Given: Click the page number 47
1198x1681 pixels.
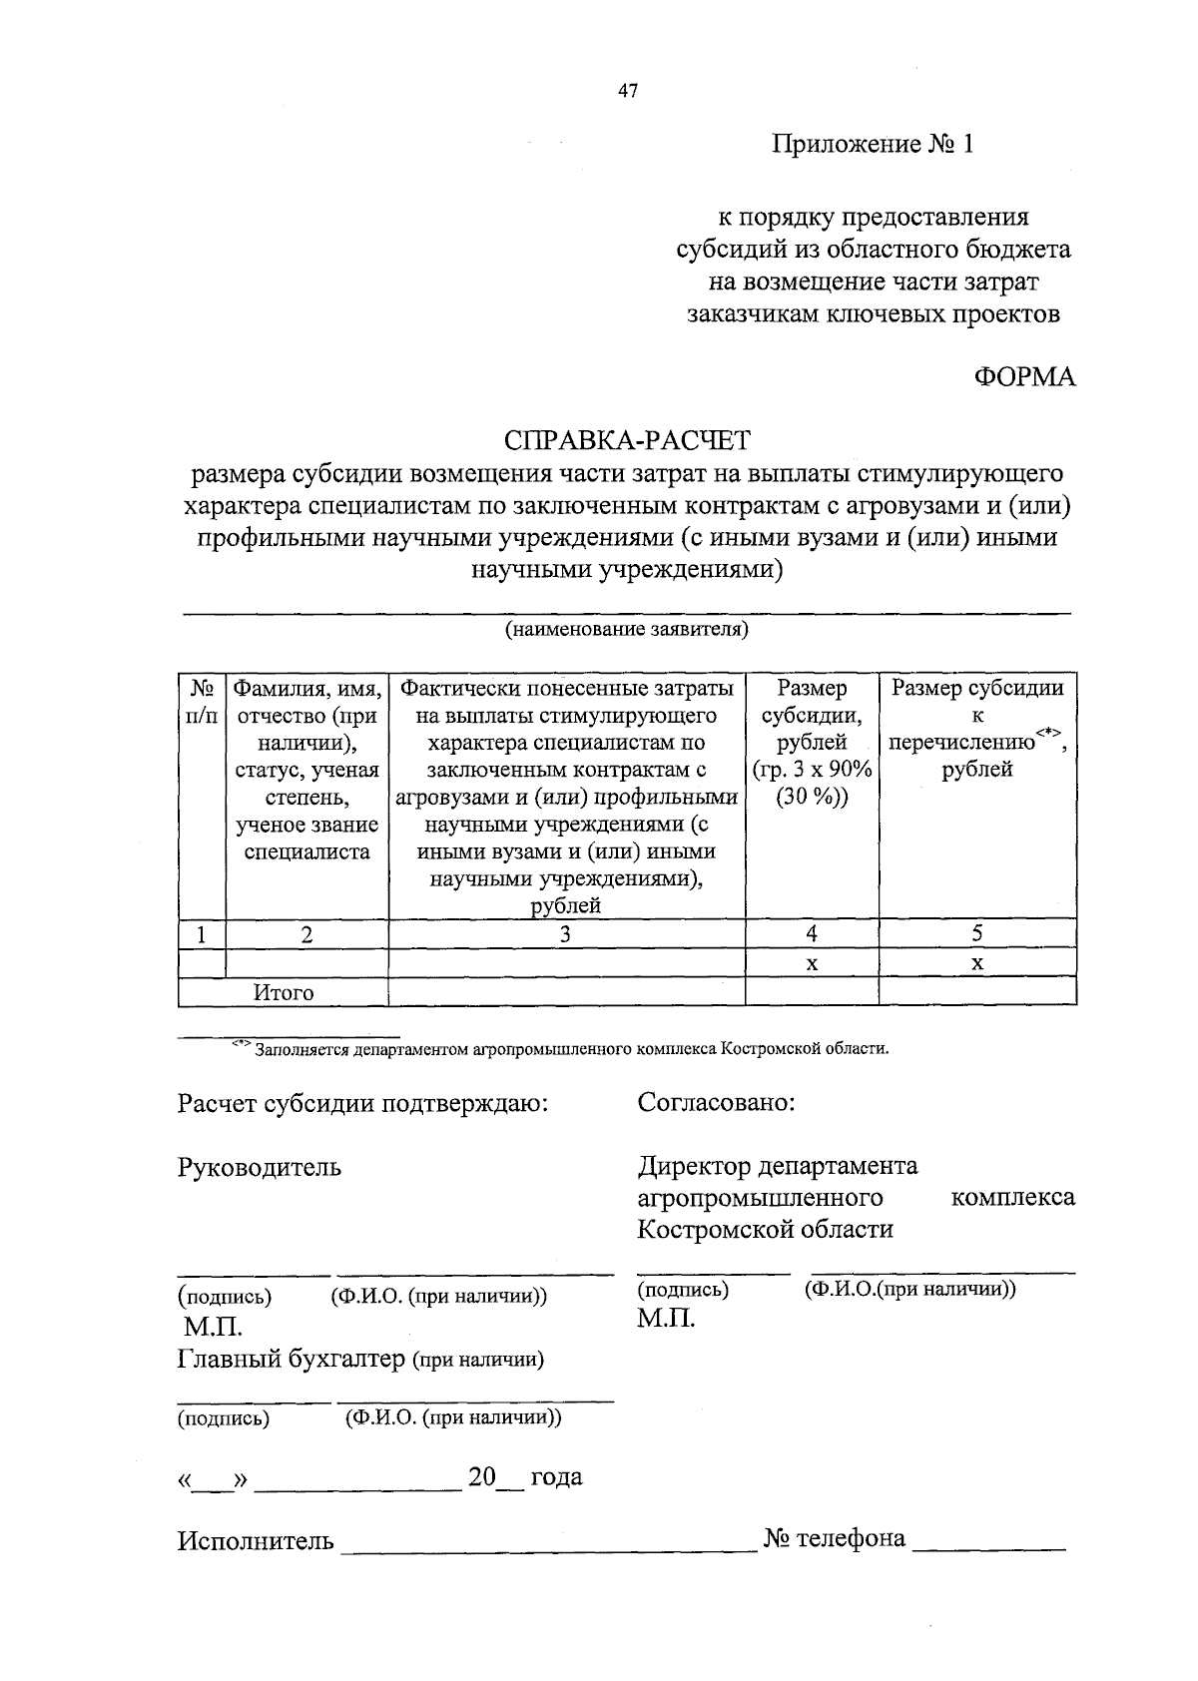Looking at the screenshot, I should pyautogui.click(x=627, y=92).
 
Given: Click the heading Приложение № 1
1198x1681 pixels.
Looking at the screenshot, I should pyautogui.click(x=872, y=145).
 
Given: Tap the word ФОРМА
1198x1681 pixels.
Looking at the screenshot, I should pyautogui.click(x=1024, y=377).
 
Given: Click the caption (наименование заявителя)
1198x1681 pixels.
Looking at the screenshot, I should pyautogui.click(x=626, y=630).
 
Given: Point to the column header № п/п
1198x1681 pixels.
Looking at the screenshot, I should pyautogui.click(x=202, y=702).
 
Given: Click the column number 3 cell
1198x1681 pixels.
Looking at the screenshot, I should pyautogui.click(x=566, y=934).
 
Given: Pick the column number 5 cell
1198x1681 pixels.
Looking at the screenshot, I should pyautogui.click(x=977, y=933).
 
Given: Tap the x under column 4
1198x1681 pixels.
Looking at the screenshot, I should pyautogui.click(x=812, y=963).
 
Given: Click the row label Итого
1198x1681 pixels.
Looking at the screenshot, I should pyautogui.click(x=284, y=992).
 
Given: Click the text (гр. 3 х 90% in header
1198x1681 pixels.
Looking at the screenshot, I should pyautogui.click(x=812, y=770).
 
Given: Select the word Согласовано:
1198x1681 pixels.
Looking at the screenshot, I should pyautogui.click(x=716, y=1103).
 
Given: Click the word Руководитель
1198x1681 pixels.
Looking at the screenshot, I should pyautogui.click(x=260, y=1167).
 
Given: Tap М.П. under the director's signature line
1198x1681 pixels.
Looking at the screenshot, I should pyautogui.click(x=666, y=1319).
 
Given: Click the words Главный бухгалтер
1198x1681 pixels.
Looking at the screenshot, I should pyautogui.click(x=292, y=1359).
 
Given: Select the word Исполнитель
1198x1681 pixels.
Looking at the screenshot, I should pyautogui.click(x=256, y=1540).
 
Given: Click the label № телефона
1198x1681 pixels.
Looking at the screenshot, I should pyautogui.click(x=835, y=1538).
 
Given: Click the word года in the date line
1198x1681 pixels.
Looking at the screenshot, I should pyautogui.click(x=556, y=1477).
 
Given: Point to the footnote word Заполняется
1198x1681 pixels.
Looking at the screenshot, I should pyautogui.click(x=301, y=1049).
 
